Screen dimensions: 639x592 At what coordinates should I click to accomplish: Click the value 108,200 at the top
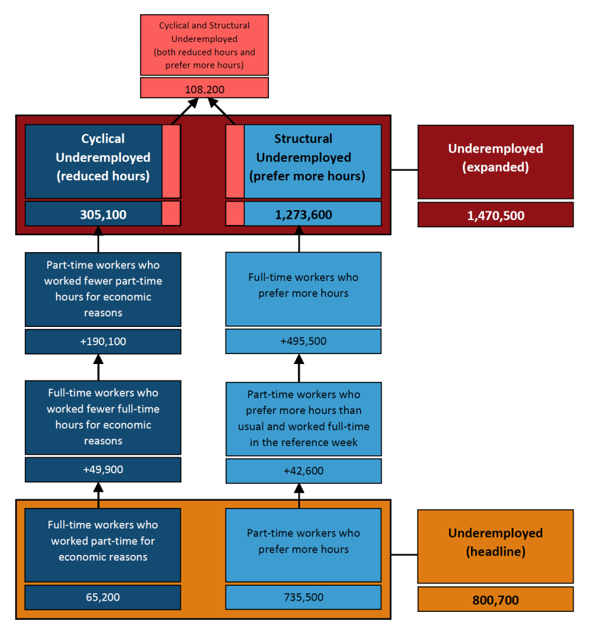[x=204, y=88]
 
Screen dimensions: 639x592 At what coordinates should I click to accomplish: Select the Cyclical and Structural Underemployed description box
[x=204, y=45]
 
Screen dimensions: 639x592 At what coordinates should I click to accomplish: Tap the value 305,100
[x=103, y=214]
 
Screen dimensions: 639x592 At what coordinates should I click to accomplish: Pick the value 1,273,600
[x=304, y=214]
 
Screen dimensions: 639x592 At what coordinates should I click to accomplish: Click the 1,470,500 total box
[x=495, y=215]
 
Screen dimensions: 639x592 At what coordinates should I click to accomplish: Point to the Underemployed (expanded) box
[x=495, y=158]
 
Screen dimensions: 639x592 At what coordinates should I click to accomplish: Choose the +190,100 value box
[x=103, y=341]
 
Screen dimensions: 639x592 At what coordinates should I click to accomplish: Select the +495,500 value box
[x=304, y=341]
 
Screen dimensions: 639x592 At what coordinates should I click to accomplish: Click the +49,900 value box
[x=103, y=470]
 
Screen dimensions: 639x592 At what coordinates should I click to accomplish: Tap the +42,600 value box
[x=304, y=471]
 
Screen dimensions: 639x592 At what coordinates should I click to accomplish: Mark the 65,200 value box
[x=103, y=597]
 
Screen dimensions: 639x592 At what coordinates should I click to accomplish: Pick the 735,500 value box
[x=304, y=597]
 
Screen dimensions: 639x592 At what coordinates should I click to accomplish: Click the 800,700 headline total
[x=495, y=600]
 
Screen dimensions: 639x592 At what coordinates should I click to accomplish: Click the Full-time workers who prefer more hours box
[x=304, y=286]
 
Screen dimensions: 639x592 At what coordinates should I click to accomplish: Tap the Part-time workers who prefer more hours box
[x=304, y=541]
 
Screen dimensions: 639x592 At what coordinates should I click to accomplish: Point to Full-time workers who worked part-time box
[x=103, y=541]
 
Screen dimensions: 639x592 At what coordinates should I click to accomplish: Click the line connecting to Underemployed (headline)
[x=404, y=554]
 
